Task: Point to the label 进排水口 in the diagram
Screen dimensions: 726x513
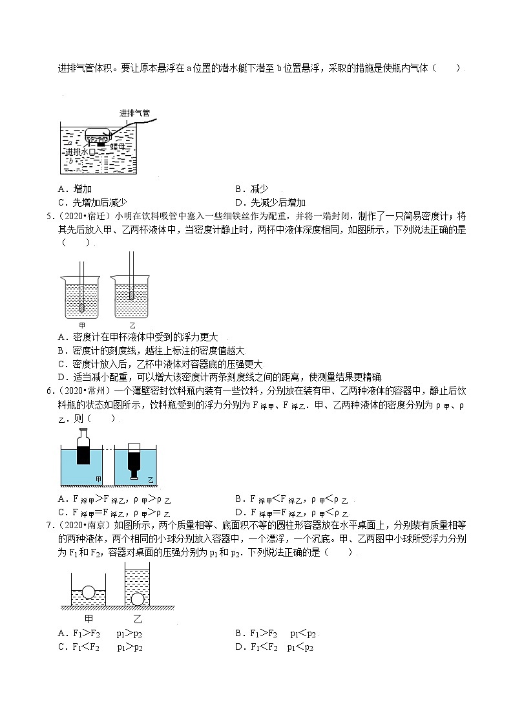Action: pos(81,152)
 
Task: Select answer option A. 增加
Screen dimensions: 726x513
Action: pos(74,189)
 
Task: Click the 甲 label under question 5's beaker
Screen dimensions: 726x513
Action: pos(81,325)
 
